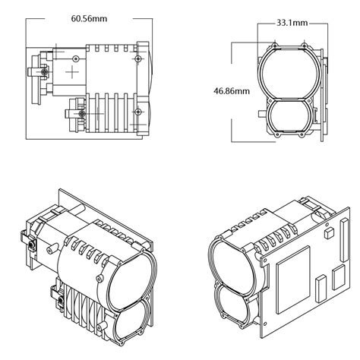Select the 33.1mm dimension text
pyautogui.click(x=292, y=24)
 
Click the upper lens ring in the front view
pyautogui.click(x=289, y=69)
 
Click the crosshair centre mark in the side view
pyautogui.click(x=71, y=72)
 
